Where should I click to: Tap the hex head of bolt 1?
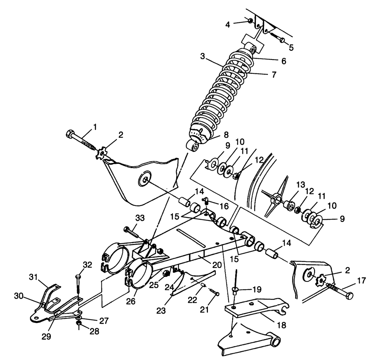[70, 134]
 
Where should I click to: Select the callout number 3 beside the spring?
[202, 57]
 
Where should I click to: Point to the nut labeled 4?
[249, 20]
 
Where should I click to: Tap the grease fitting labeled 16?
[206, 201]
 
